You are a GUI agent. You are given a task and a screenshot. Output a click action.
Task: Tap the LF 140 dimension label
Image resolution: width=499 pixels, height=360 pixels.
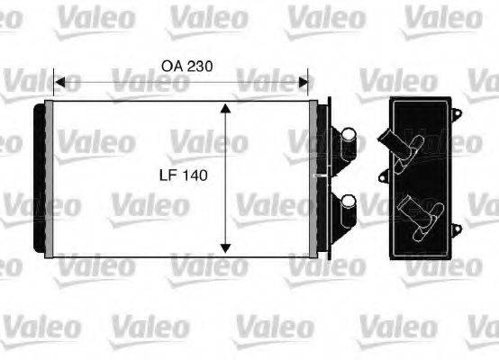(186, 176)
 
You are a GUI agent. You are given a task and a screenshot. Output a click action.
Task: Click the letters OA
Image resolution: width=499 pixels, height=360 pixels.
(169, 66)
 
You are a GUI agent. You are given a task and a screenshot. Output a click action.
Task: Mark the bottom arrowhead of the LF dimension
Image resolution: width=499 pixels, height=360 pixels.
(225, 249)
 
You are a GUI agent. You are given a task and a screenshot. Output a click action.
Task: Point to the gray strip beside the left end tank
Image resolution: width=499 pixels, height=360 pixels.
(50, 179)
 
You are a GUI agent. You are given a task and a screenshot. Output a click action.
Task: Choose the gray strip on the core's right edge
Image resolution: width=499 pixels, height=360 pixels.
(313, 179)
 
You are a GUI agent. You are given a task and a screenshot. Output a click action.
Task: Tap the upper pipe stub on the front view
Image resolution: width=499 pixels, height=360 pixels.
(345, 140)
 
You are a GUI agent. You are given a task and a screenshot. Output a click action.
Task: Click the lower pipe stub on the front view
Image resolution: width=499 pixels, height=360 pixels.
(345, 212)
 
